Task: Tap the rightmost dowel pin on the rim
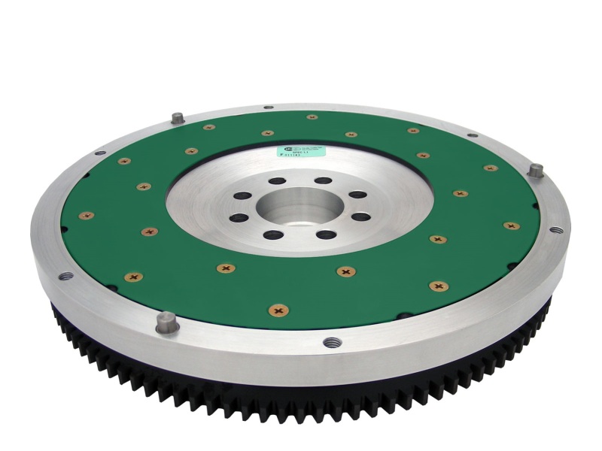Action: tap(535, 170)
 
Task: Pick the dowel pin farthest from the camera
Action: tap(178, 118)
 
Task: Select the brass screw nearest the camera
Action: tap(279, 309)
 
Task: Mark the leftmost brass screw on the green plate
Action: tap(87, 216)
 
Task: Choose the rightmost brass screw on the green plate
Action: tap(511, 225)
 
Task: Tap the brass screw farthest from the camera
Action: tap(312, 117)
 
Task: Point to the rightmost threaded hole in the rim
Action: tap(555, 231)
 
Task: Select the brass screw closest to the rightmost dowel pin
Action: tap(491, 168)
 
